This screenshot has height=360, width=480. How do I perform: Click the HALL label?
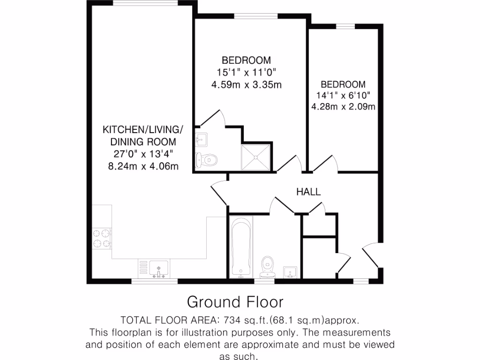point(308,192)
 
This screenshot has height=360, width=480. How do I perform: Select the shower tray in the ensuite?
point(255,157)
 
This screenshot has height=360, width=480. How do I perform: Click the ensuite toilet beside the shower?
point(207,159)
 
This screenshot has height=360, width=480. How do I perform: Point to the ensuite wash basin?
point(202,139)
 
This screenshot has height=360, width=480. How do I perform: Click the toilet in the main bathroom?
point(268,265)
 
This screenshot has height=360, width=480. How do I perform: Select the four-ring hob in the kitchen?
point(102,237)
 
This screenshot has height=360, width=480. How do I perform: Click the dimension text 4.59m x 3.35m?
point(246,85)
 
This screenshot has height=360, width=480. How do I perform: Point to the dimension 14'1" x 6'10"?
point(343,96)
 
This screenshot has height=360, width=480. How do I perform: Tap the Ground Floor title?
point(235,301)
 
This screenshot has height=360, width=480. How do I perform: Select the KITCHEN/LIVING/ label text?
point(143,129)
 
